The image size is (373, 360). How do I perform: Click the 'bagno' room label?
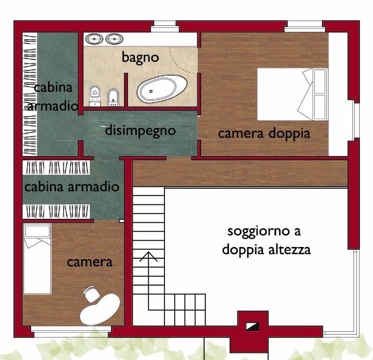(x=140, y=57)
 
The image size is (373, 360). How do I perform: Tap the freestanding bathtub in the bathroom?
(x=162, y=90)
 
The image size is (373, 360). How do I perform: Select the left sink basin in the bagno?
(x=96, y=38)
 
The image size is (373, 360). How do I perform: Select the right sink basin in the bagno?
(x=114, y=38)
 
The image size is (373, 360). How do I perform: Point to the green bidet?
(x=113, y=97)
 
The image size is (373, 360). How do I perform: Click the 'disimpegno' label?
(x=140, y=130)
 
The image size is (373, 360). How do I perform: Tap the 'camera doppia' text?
(x=264, y=133)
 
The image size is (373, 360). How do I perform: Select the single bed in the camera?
(x=37, y=258)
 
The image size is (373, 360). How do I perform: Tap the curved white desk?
(x=100, y=309)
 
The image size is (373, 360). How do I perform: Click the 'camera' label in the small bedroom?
(x=90, y=262)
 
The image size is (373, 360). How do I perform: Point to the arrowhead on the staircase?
(x=149, y=256)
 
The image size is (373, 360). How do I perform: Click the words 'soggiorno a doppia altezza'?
(x=266, y=240)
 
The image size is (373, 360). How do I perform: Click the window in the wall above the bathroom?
(x=164, y=24)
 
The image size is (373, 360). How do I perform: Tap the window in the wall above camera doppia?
(x=305, y=25)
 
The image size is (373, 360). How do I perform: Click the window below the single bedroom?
(x=70, y=334)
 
